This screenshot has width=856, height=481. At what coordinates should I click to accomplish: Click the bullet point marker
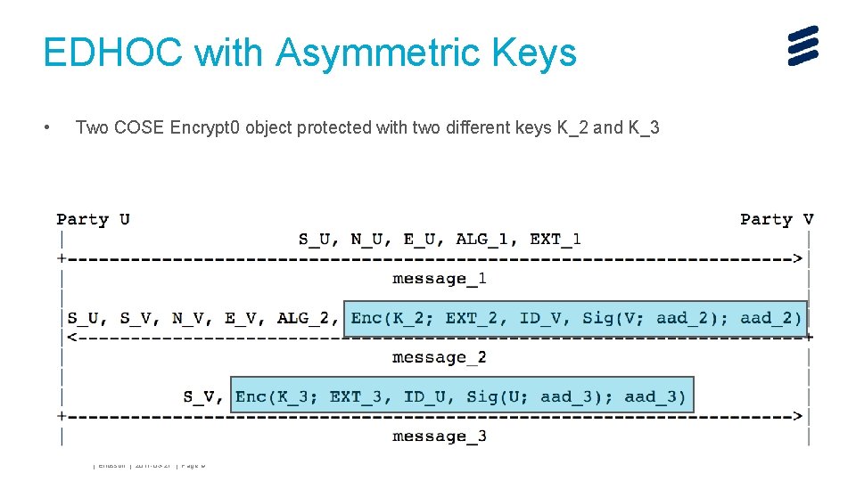point(46,128)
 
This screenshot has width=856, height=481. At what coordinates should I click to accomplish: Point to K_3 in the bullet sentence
point(643,127)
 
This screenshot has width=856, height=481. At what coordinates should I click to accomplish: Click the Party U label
point(93,219)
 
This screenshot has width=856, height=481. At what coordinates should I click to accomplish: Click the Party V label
point(777,219)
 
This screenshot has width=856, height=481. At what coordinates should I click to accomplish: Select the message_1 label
point(440,279)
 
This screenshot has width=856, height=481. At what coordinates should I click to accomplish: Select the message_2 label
point(440,357)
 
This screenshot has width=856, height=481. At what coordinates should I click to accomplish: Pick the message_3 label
point(440,436)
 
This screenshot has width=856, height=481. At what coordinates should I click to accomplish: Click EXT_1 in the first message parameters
point(556,239)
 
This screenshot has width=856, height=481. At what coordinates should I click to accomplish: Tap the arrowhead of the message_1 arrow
point(797,258)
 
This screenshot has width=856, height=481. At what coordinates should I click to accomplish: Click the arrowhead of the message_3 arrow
point(797,416)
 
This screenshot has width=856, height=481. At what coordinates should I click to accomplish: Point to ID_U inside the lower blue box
point(428,396)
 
